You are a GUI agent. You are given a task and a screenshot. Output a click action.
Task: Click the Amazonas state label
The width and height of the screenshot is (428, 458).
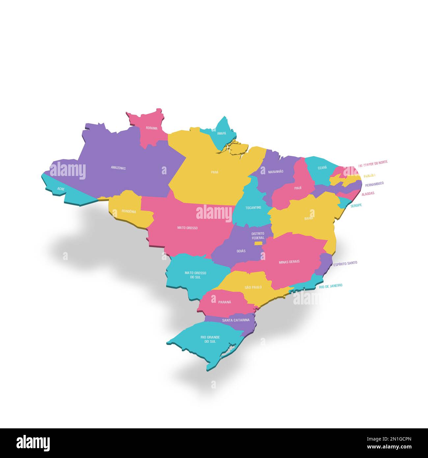tap(118, 168)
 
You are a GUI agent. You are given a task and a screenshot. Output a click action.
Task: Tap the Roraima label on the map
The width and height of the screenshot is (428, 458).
tap(152, 128)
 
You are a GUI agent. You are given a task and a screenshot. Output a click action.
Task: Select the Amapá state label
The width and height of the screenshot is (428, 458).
tap(222, 133)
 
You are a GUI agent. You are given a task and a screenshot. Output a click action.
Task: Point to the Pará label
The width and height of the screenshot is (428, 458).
tap(215, 172)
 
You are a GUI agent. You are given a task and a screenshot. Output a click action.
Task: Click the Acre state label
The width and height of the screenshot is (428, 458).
tap(61, 189)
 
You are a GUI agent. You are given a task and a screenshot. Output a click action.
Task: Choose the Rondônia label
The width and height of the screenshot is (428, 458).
tap(129, 212)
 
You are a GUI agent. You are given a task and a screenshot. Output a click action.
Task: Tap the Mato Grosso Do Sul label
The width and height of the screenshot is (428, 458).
tap(195, 275)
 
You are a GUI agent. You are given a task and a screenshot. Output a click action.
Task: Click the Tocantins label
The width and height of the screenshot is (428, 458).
tap(253, 208)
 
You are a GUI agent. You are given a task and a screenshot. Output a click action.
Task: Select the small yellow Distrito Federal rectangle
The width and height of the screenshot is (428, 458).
tap(258, 243)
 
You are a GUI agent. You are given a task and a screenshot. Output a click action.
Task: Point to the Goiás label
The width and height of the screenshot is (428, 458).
tap(241, 251)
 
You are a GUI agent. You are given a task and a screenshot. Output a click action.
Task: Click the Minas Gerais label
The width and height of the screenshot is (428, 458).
tap(289, 262)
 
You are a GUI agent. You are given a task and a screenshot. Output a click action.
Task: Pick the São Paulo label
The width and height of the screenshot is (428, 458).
tap(253, 287)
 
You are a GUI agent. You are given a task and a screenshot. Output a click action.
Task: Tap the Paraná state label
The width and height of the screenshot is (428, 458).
tap(225, 302)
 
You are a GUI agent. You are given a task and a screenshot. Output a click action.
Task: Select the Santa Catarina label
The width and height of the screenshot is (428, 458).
tap(236, 320)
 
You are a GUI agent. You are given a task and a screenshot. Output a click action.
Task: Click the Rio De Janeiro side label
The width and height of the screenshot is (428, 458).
tap(331, 286)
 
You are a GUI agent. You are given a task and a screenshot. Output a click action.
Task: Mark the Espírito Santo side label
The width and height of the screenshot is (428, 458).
tap(345, 263)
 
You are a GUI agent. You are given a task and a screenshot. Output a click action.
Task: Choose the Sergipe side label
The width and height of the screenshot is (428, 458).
tap(356, 205)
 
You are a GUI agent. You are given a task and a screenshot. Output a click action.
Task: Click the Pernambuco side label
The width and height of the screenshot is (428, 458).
tap(374, 184)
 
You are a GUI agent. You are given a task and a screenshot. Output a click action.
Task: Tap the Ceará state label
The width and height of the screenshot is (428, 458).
tap(322, 168)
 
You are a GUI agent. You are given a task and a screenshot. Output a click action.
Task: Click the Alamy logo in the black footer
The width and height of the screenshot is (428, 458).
tap(33, 443)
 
